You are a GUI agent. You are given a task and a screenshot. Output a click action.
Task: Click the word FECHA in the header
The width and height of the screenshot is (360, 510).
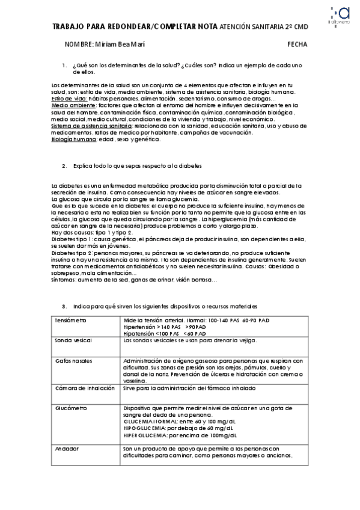pos(297,45)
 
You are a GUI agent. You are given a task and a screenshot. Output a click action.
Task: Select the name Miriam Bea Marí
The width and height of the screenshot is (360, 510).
pos(120,45)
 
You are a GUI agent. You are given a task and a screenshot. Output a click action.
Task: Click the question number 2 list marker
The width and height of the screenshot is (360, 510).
pos(64,165)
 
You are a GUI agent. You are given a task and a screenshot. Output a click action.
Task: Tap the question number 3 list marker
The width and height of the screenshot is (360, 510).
pos(64,306)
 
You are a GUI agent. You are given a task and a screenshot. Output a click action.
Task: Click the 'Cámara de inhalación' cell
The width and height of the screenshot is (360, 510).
pos(84,388)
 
